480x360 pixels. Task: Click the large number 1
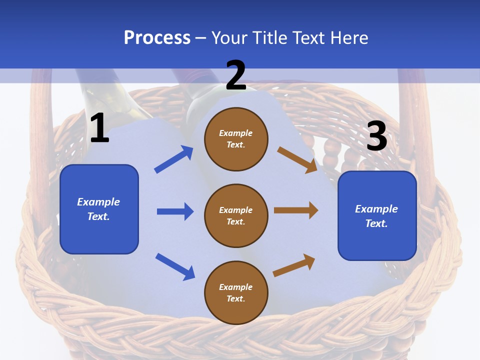tap(99, 128)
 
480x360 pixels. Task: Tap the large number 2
tap(235, 75)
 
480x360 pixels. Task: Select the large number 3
tap(376, 136)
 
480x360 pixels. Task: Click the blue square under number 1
tap(99, 209)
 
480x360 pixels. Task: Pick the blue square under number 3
tap(377, 216)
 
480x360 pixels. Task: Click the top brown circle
tap(236, 139)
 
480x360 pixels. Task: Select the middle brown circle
tap(236, 215)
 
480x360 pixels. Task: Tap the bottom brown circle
tap(236, 292)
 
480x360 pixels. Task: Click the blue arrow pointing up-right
tap(173, 159)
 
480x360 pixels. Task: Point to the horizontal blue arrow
tap(175, 211)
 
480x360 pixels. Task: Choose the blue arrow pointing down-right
tap(175, 266)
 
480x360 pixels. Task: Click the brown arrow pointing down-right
tap(297, 159)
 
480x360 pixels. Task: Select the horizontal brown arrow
tap(296, 210)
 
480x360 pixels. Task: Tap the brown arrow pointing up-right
tap(294, 265)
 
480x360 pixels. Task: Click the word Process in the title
tap(157, 38)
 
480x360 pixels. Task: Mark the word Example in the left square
tap(98, 202)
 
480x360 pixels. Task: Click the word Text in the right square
tap(375, 223)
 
